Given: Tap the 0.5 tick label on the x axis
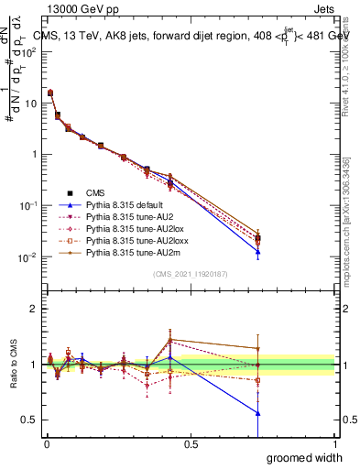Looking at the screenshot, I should [x=191, y=444].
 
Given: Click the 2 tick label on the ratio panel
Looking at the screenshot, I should [x=33, y=308].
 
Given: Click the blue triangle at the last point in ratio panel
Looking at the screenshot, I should [x=258, y=413].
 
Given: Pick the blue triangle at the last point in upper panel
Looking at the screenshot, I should [x=258, y=252].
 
